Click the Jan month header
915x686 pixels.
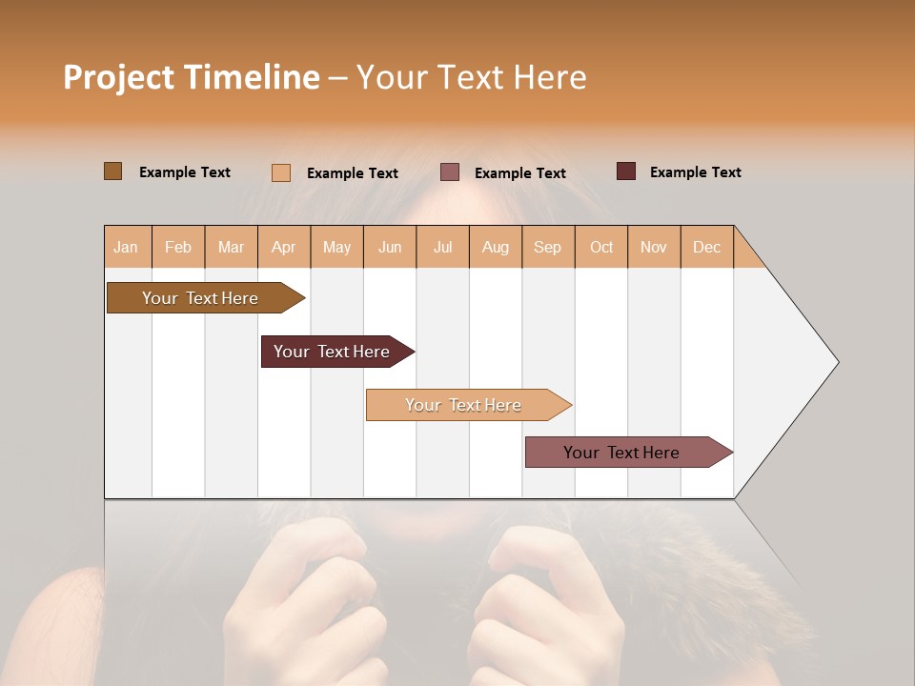pos(127,247)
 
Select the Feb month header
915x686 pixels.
pos(178,247)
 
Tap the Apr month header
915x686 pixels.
pos(284,247)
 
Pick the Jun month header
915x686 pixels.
pos(390,247)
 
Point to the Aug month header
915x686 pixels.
pos(496,247)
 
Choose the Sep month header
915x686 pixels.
pos(548,247)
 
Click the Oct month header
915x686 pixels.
pos(601,247)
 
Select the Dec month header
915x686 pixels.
pos(707,247)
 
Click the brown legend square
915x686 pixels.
pos(113,171)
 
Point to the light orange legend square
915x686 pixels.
pos(281,172)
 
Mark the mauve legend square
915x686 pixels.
pos(450,172)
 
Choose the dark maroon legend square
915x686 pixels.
pos(626,171)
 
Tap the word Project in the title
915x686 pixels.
pos(117,77)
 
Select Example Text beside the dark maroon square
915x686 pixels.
pos(695,171)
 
